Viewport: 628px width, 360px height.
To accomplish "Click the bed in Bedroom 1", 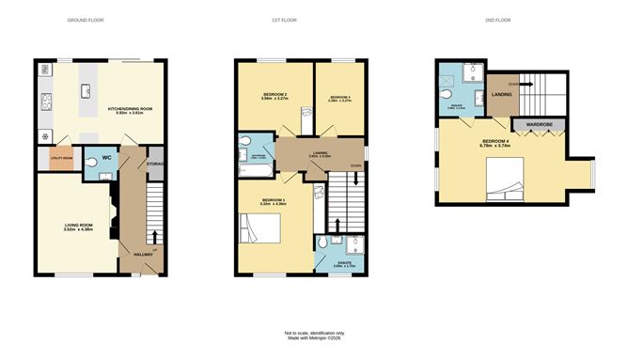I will [x=259, y=229].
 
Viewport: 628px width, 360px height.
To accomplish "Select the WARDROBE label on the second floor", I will [x=538, y=123].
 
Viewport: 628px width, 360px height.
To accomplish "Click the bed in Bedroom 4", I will [x=509, y=178].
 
